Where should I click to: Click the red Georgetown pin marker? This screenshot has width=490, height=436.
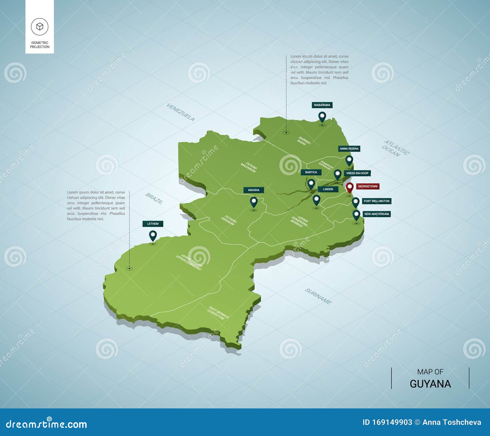350,187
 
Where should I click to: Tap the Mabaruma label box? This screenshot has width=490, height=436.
322,105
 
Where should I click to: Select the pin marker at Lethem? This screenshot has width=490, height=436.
153,236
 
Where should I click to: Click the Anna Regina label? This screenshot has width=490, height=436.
349,149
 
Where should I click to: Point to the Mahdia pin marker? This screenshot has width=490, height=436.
254,202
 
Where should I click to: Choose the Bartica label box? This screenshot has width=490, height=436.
311,173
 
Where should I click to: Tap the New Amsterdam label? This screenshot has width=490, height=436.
376,214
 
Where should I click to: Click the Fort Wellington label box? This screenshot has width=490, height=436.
376,201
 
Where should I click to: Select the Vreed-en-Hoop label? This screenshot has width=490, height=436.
357,173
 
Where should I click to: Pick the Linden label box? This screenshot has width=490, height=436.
328,189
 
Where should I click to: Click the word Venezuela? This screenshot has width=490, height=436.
181,112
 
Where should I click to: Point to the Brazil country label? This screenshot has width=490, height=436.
154,199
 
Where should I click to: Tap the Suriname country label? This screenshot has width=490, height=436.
318,296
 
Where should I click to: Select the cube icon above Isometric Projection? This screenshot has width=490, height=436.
40,26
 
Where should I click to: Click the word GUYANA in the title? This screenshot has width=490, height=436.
430,384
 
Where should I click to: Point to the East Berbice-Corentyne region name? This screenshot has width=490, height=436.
218,313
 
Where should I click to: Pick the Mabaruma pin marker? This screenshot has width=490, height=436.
322,117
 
